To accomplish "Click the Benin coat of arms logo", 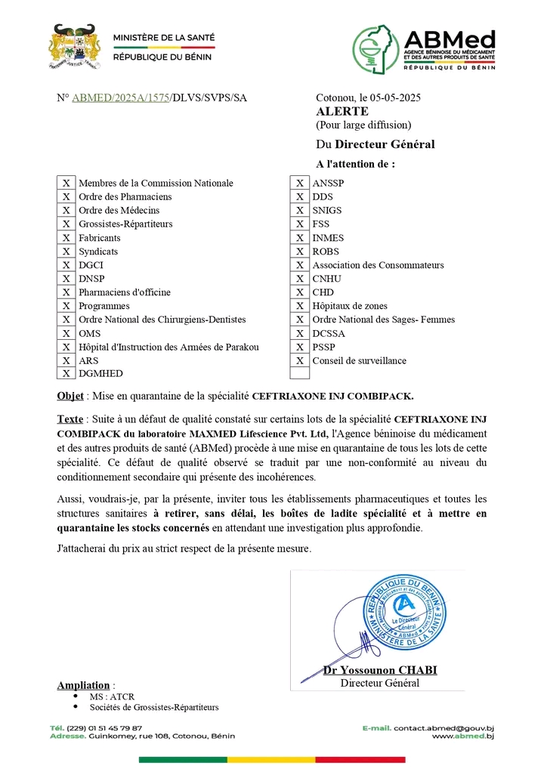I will [74, 47].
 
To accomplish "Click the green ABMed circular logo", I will [376, 48].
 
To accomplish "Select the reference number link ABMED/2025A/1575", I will [121, 98].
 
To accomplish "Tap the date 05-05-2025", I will [396, 98].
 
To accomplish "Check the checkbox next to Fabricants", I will [66, 238].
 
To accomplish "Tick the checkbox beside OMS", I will [66, 333].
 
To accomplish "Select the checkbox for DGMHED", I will [66, 373].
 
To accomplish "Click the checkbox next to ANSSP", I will [300, 184].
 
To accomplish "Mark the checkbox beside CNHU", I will [300, 279].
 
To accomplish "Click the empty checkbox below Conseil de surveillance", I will [300, 373].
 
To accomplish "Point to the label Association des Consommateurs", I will [378, 265].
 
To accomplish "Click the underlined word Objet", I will [70, 396].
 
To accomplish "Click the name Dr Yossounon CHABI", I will [380, 671].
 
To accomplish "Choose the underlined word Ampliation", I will [84, 685].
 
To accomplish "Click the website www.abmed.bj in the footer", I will [462, 736].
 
